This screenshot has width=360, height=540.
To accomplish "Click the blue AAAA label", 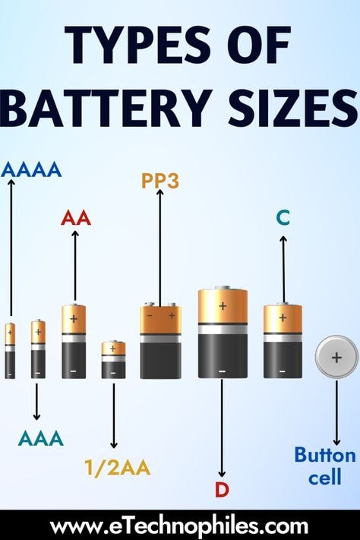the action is tap(31, 170).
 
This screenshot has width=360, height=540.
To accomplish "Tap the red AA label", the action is tap(76, 218).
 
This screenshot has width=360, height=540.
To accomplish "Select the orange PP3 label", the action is tap(160, 181).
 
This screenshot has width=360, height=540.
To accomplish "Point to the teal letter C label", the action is tap(283, 218).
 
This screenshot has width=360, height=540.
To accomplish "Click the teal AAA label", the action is tap(41, 438).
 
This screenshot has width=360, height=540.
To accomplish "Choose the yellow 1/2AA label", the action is tap(118, 468).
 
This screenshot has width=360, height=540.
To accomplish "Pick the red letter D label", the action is tap(222, 490).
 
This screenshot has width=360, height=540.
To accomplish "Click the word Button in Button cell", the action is tap(325, 455).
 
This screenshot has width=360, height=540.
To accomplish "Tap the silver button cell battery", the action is tap(336, 357).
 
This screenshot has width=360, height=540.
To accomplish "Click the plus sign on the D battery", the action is tap(223, 305).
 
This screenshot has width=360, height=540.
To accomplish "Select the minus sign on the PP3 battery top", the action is tap(150, 315).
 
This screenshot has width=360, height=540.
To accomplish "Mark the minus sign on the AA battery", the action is tap(73, 371).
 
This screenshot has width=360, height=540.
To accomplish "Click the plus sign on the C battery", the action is tap(283, 317).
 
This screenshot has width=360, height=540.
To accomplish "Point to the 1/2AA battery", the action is tap(113, 359).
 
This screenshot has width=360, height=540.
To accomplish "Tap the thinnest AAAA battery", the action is tap(10, 351).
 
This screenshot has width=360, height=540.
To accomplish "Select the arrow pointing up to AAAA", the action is tap(11, 248).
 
